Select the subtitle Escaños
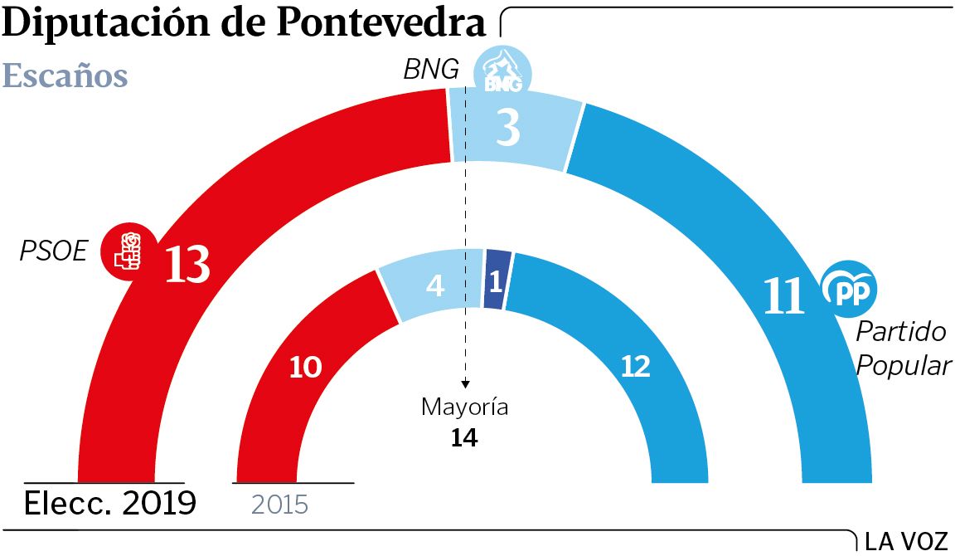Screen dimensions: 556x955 point(65,76)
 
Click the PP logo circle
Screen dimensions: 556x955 point(849,288)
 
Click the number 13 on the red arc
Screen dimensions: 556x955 point(187,264)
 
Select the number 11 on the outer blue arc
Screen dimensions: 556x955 point(783,295)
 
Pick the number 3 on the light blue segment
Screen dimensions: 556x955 point(507,129)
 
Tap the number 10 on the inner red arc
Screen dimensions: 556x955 point(305,367)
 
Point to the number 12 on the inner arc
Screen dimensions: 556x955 point(635,366)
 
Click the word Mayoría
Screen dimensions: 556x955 point(464,407)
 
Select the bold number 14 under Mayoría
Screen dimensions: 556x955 point(464,437)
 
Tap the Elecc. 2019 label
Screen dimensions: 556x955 point(109,503)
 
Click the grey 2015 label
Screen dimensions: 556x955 point(279,504)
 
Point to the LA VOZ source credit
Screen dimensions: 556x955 point(905,541)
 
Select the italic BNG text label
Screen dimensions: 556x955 point(431,70)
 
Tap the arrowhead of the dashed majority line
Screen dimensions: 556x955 point(465,383)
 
